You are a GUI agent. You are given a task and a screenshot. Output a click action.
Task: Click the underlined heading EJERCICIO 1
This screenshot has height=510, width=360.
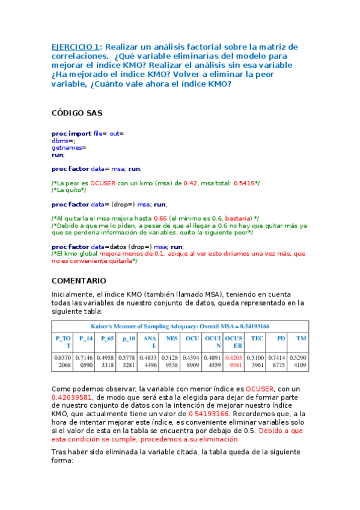pos(75,47)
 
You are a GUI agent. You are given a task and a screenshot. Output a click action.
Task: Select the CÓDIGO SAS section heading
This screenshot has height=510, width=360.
pos(77,112)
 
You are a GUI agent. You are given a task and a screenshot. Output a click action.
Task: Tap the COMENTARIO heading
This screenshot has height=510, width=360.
pos(79,281)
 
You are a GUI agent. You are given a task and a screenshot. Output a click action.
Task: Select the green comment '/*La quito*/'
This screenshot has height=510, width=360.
pos(69,189)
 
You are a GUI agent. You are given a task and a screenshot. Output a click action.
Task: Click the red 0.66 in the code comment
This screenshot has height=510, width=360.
pos(160,218)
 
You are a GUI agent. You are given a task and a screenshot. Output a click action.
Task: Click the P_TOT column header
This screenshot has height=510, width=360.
pos(63,342)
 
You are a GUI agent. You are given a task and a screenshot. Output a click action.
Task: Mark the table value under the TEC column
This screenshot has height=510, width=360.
pos(257,361)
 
